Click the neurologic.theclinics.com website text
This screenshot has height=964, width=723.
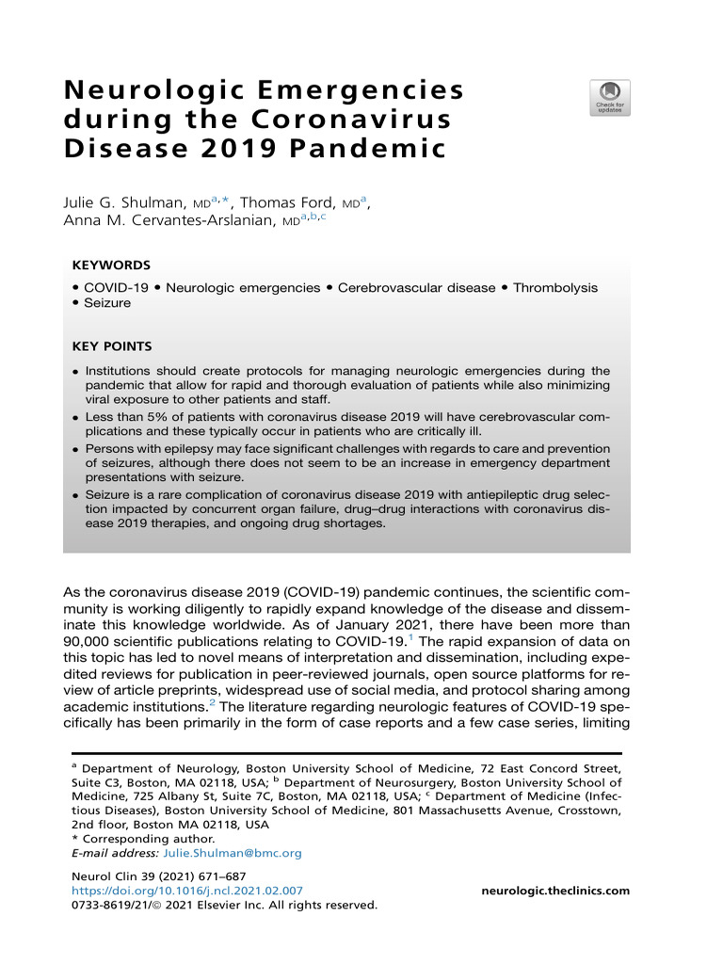[555, 891]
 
